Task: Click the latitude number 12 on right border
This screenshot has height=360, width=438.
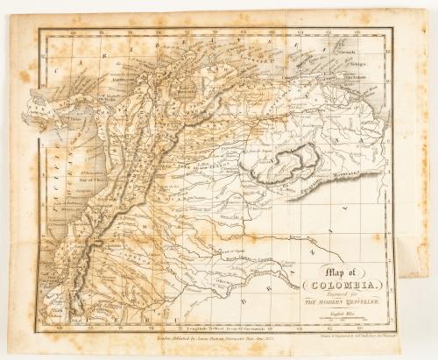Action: click(x=397, y=54)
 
